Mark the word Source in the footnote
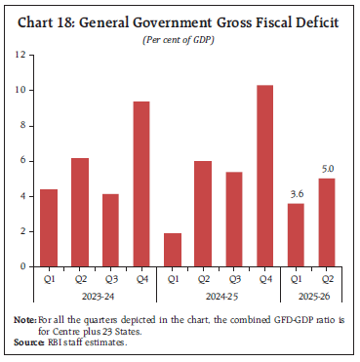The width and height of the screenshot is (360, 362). coord(27,342)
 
